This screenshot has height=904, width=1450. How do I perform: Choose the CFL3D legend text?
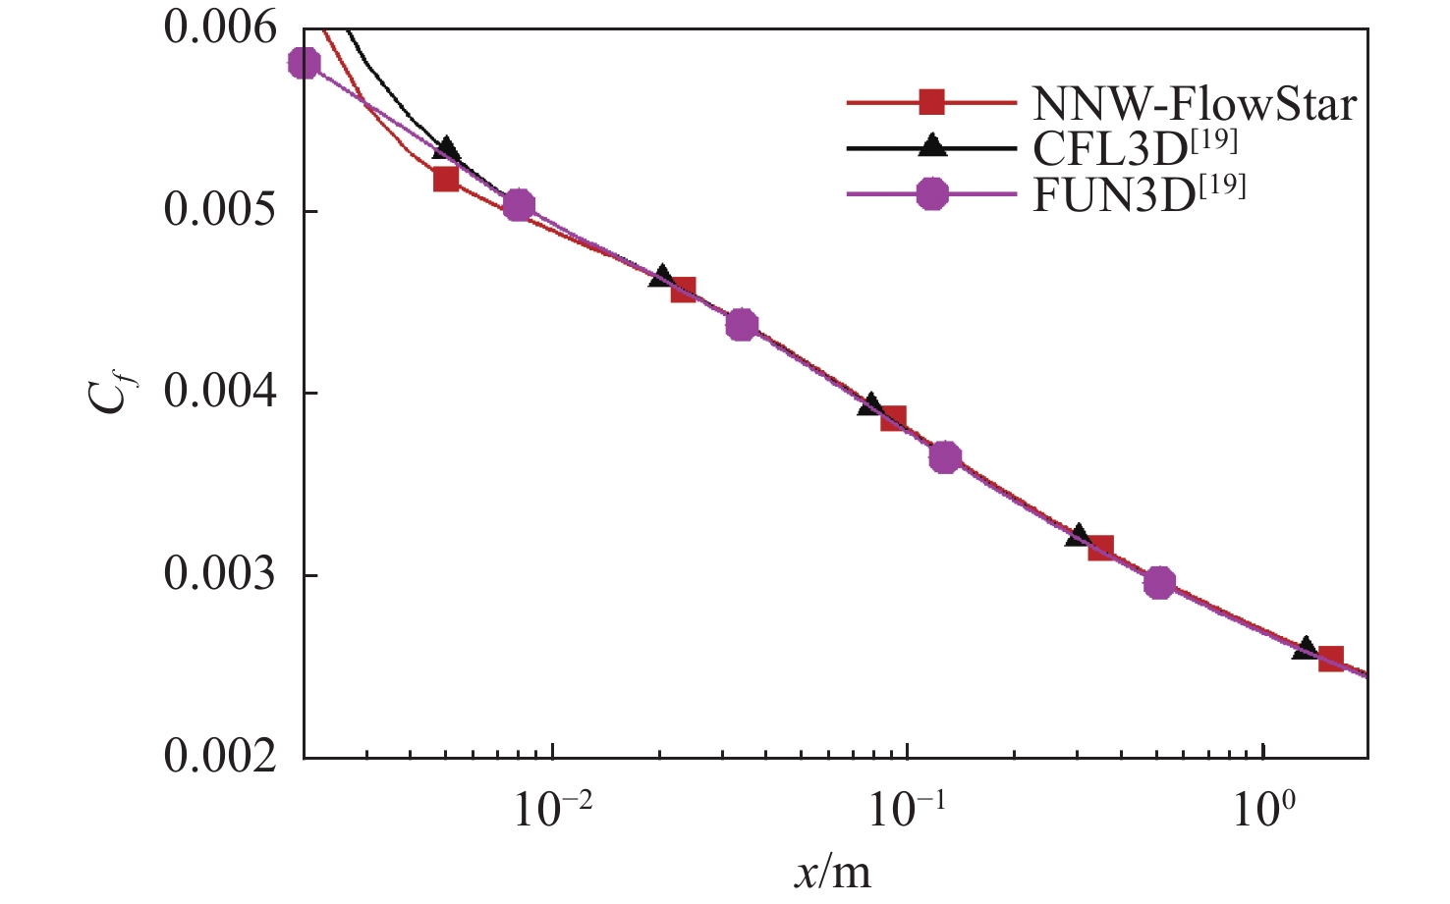pyautogui.click(x=1135, y=148)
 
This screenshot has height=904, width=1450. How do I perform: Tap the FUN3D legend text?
pyautogui.click(x=1139, y=193)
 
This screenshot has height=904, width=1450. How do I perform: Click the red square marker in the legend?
pyautogui.click(x=931, y=101)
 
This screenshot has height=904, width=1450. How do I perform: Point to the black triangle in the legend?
pyautogui.click(x=931, y=147)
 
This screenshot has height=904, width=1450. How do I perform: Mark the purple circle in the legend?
pyautogui.click(x=931, y=193)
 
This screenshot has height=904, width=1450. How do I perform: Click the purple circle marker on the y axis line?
pyautogui.click(x=305, y=63)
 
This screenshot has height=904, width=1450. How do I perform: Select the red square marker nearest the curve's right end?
pyautogui.click(x=1330, y=659)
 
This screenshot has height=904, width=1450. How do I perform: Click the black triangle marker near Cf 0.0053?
pyautogui.click(x=447, y=149)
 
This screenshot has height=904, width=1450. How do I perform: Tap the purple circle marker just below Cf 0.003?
pyautogui.click(x=1159, y=582)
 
